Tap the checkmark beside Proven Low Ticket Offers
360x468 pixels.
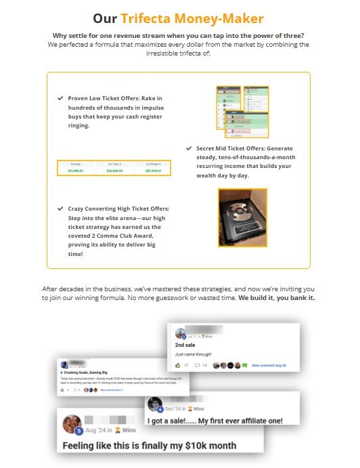click(x=61, y=98)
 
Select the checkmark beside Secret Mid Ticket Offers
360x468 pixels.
click(x=189, y=148)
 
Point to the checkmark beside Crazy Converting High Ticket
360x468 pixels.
click(x=61, y=209)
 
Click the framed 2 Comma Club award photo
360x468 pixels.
click(x=242, y=217)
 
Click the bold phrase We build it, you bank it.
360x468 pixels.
click(x=276, y=297)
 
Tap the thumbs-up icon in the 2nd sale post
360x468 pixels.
click(x=177, y=365)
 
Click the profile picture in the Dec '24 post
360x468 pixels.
click(x=154, y=407)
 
